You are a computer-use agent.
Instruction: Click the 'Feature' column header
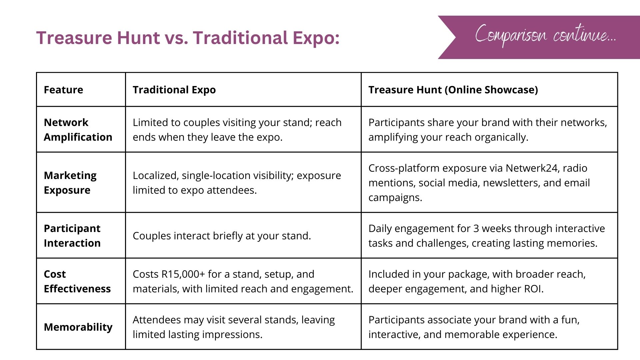click(63, 90)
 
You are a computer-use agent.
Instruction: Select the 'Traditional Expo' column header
click(174, 90)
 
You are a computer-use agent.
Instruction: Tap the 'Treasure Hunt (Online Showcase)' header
click(453, 90)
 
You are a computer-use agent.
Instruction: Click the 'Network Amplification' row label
click(78, 130)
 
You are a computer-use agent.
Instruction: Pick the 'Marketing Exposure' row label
click(70, 183)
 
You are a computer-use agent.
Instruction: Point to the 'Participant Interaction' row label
click(72, 236)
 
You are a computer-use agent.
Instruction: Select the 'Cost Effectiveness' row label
click(77, 281)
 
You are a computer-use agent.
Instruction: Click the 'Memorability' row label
click(78, 327)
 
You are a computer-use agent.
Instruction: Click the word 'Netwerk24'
click(532, 168)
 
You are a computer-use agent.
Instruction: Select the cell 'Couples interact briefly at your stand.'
click(222, 236)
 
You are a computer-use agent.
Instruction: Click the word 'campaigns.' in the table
click(395, 198)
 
